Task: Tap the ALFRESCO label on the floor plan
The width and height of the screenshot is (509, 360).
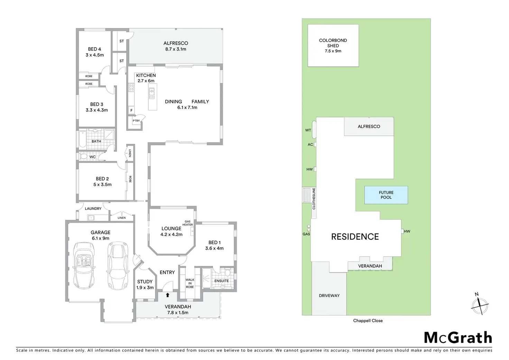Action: (176, 43)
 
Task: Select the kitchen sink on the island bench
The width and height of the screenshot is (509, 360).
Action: (152, 92)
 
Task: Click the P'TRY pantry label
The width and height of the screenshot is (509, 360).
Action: (136, 121)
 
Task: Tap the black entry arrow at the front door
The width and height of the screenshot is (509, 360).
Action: (168, 295)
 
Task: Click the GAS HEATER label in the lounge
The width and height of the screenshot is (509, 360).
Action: (188, 223)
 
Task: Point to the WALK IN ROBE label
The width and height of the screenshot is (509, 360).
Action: (190, 283)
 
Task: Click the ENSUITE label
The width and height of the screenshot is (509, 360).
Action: (221, 281)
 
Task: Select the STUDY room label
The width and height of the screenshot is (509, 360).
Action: (145, 281)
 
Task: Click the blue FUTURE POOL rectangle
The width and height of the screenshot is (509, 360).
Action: (386, 195)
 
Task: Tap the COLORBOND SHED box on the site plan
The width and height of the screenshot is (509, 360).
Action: (333, 45)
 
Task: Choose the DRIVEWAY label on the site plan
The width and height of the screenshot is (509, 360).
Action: (329, 296)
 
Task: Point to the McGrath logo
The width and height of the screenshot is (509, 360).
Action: (458, 338)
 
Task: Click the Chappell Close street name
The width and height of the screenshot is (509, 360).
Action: (368, 321)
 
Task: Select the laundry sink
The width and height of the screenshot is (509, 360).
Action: (91, 218)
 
